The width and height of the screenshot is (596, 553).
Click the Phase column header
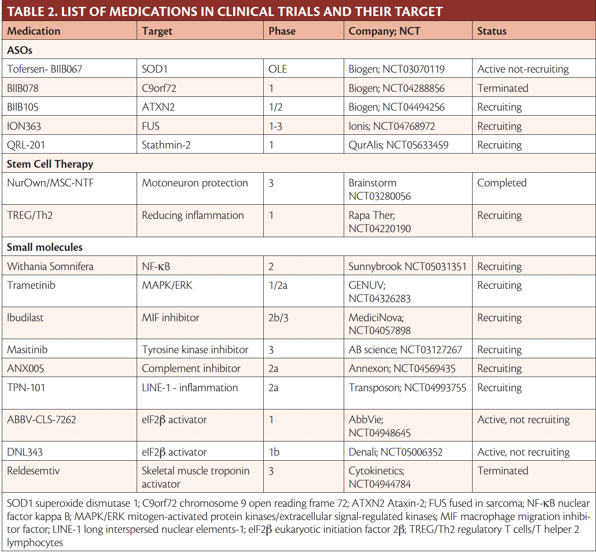click(x=282, y=31)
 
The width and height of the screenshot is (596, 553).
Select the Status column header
click(x=492, y=31)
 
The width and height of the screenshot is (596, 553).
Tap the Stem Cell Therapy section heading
click(x=50, y=164)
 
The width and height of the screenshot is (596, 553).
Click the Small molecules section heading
click(x=45, y=247)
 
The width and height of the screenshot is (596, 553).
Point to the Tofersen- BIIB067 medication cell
click(x=45, y=69)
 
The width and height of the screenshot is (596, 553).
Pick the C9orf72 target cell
click(x=159, y=88)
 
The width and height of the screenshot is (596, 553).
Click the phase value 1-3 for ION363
click(x=275, y=126)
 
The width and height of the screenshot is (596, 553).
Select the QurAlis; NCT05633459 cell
click(x=398, y=145)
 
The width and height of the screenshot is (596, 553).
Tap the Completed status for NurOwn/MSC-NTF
click(x=502, y=183)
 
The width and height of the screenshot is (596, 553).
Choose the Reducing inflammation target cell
click(x=192, y=215)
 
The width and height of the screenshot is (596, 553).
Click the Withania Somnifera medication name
click(x=50, y=266)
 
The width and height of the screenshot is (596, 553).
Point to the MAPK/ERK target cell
click(x=167, y=285)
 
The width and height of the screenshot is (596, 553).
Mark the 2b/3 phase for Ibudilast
click(x=278, y=318)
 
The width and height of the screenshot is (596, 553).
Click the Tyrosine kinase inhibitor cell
click(x=195, y=350)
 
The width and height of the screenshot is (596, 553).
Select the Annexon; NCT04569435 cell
click(x=402, y=368)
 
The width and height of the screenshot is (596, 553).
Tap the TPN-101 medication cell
click(x=26, y=388)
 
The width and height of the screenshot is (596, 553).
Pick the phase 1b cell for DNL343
click(x=274, y=452)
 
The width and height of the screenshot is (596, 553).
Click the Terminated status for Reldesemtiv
click(x=503, y=471)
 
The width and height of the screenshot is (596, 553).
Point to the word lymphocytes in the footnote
click(x=35, y=542)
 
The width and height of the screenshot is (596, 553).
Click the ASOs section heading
click(x=20, y=50)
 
